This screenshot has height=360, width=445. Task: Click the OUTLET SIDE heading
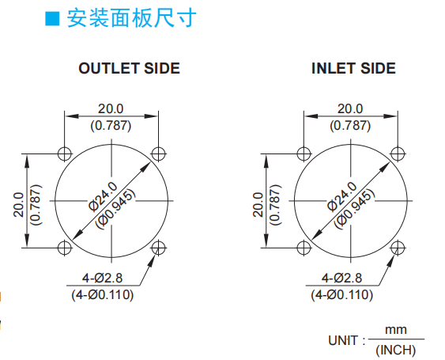129,69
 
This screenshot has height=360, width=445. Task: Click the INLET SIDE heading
353,69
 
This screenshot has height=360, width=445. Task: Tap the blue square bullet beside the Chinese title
52,19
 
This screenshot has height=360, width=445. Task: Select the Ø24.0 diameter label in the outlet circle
103,197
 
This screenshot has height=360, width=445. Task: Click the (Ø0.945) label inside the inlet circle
355,209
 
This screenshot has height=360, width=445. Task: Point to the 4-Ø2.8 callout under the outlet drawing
102,278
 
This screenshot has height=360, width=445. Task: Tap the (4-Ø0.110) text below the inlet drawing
341,294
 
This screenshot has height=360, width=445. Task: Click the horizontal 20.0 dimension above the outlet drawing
111,108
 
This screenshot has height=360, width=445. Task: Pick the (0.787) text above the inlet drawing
350,126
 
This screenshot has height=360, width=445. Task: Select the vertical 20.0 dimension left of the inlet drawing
258,205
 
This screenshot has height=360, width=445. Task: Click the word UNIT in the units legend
343,340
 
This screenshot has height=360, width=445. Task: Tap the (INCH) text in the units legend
396,350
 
